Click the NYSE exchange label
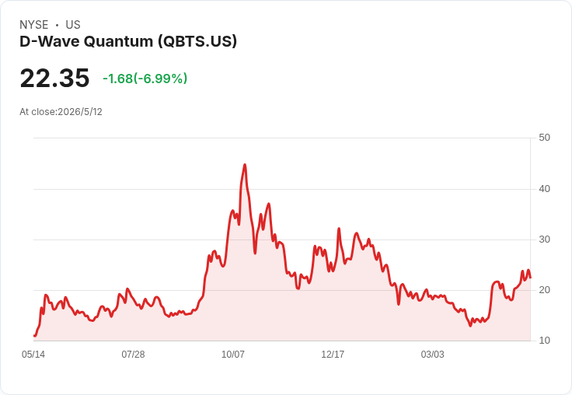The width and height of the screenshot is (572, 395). (34, 25)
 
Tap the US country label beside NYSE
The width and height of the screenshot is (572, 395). (73, 25)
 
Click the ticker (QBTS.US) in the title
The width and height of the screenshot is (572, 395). (197, 41)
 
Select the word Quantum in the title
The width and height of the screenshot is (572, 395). (118, 41)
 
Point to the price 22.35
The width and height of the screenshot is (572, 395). (54, 78)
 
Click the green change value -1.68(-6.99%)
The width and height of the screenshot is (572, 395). (145, 79)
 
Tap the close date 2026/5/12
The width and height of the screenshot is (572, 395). (80, 112)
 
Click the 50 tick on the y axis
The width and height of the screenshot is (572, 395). (544, 138)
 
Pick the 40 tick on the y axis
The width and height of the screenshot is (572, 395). (544, 189)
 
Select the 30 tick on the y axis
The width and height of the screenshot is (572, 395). (544, 239)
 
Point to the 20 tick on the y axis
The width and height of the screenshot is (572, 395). (544, 290)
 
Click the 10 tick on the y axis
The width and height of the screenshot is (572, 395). (544, 341)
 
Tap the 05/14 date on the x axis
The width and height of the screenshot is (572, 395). (33, 354)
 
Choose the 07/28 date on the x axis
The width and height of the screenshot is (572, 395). (133, 354)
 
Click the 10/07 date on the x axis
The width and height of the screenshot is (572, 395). (233, 354)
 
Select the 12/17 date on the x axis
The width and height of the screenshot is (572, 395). (333, 354)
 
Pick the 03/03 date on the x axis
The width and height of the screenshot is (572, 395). (433, 354)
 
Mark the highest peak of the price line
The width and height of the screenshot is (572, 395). (245, 165)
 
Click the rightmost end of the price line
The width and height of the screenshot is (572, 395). (530, 278)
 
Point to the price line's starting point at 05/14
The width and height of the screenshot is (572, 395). (34, 335)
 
